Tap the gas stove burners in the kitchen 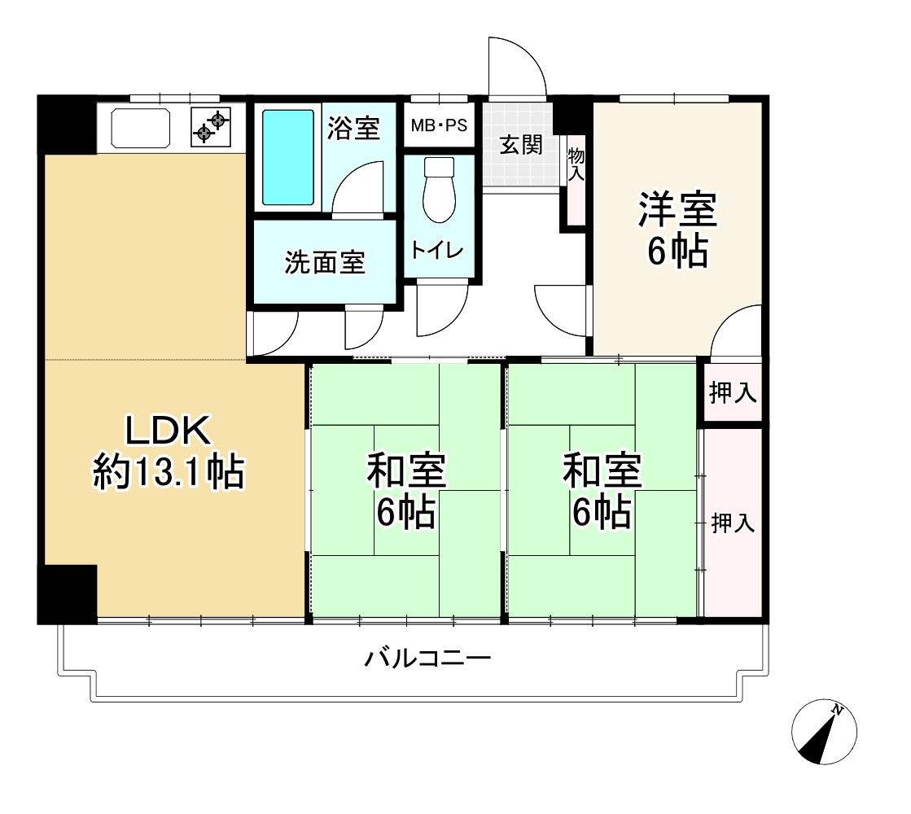tap(212, 126)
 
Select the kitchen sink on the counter tap(140, 126)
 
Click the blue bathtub tap(288, 157)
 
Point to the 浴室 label tap(353, 128)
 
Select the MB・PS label tap(440, 126)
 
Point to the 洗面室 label tap(325, 262)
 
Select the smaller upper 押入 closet tap(733, 393)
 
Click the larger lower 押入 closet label tap(734, 523)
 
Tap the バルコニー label tap(427, 658)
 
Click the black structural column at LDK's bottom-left tap(68, 593)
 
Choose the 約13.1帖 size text tap(168, 472)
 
